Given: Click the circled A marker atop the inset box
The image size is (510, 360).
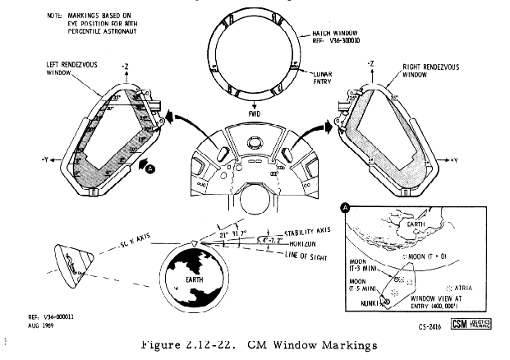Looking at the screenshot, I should (346, 210).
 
